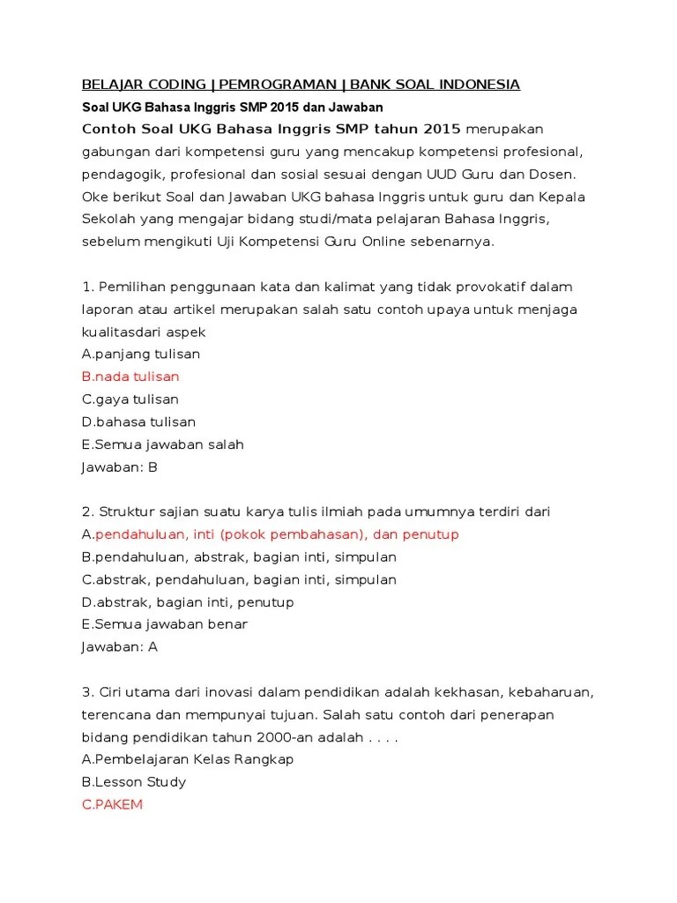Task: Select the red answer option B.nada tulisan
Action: (130, 377)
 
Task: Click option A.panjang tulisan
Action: (141, 354)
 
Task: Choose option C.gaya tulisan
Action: (130, 399)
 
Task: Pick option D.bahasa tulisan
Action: (138, 422)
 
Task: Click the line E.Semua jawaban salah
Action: (162, 444)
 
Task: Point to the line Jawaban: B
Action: (119, 467)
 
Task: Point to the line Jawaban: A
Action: (119, 646)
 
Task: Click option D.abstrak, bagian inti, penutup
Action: (188, 602)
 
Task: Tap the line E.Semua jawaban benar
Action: (164, 624)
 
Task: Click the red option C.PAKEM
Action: (112, 804)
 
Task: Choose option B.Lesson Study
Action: (134, 782)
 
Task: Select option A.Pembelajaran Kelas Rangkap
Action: (188, 759)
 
